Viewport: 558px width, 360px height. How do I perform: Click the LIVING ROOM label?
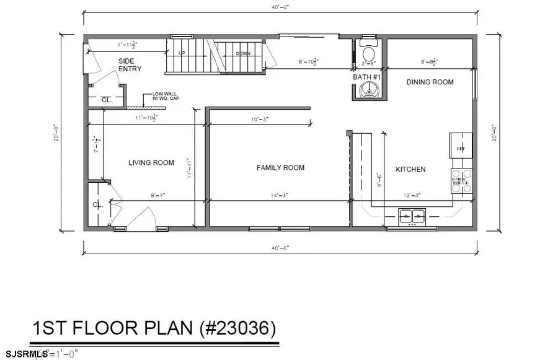tap(151, 163)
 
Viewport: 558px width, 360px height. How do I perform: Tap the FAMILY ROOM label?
tap(281, 167)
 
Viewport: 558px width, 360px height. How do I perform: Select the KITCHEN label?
tap(410, 169)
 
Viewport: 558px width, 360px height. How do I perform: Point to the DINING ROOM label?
tap(430, 82)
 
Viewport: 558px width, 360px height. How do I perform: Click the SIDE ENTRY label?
tap(130, 65)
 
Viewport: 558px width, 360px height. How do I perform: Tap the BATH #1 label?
tap(366, 77)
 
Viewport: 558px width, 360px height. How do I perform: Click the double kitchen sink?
tap(412, 216)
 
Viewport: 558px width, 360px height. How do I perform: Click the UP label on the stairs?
tap(182, 53)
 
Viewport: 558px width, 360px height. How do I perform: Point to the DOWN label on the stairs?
tap(243, 53)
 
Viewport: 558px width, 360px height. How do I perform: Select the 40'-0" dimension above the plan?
tap(278, 7)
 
